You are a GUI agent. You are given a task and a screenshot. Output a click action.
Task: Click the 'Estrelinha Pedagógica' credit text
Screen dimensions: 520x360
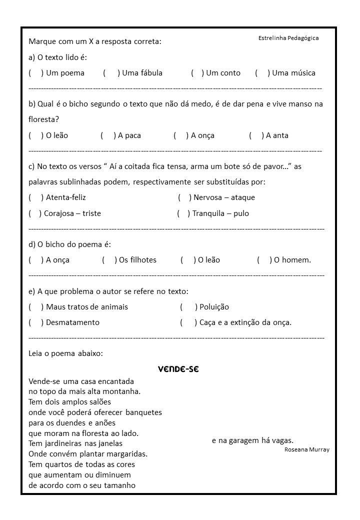pos(288,38)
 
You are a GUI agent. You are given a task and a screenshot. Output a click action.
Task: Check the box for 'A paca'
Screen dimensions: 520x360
pos(107,135)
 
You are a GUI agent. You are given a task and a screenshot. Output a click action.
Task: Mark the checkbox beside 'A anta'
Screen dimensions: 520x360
pos(256,135)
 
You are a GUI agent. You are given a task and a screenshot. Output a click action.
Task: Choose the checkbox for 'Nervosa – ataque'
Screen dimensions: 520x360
pos(183,197)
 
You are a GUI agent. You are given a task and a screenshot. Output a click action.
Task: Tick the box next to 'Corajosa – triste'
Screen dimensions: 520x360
pos(35,213)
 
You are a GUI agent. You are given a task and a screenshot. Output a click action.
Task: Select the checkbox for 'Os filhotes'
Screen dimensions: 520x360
pos(108,260)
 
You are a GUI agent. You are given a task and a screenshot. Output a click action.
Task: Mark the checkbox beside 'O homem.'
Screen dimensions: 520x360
pos(264,260)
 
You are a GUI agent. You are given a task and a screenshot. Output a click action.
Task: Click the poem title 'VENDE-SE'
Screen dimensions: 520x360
pos(178,369)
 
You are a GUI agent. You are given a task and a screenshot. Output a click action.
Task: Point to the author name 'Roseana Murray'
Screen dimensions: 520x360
pos(307,449)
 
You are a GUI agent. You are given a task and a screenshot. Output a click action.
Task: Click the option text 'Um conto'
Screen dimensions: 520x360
pos(223,73)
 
